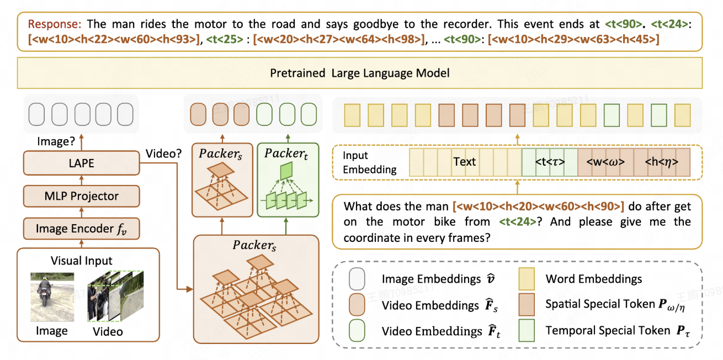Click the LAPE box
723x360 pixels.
click(81, 163)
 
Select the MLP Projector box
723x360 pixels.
click(81, 196)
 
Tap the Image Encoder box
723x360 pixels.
click(81, 228)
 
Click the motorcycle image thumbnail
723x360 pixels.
click(44, 297)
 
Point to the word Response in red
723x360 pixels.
click(54, 24)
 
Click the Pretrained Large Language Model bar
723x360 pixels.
click(359, 73)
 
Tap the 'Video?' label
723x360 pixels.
click(163, 153)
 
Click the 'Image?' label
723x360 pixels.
click(55, 141)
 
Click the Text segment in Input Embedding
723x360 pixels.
click(464, 162)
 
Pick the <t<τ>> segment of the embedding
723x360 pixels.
click(549, 162)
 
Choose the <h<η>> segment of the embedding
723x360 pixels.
click(662, 162)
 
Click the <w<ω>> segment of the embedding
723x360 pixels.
click(605, 162)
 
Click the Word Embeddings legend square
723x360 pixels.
click(528, 278)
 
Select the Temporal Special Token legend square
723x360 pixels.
click(528, 331)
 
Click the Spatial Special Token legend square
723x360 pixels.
click(528, 304)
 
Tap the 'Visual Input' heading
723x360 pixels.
click(81, 261)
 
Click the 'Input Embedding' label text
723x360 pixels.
click(369, 163)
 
